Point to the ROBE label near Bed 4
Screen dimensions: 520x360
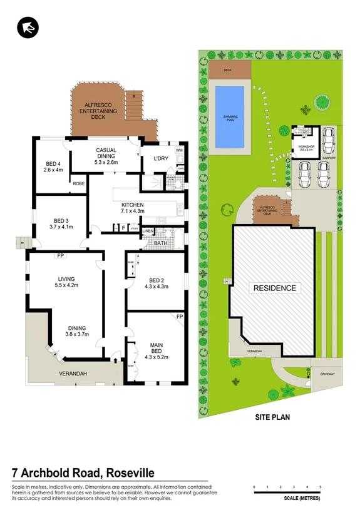78,184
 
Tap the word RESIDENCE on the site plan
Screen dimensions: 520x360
274,288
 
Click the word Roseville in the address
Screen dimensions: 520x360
125,472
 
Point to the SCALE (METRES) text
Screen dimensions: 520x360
302,498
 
